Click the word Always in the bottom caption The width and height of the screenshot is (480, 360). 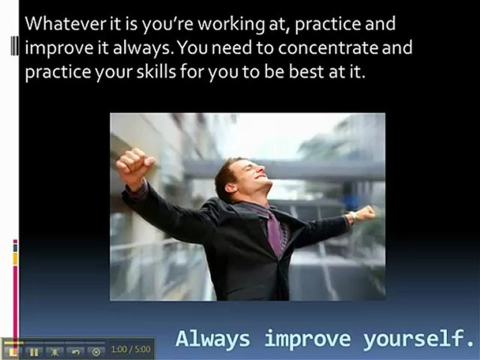click(212, 339)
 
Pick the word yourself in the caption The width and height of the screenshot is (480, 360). click(418, 339)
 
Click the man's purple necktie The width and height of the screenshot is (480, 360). click(274, 234)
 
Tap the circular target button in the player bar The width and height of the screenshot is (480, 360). click(96, 351)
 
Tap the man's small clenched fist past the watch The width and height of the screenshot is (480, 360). click(366, 213)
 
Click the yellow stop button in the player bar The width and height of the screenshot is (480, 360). click(13, 351)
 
